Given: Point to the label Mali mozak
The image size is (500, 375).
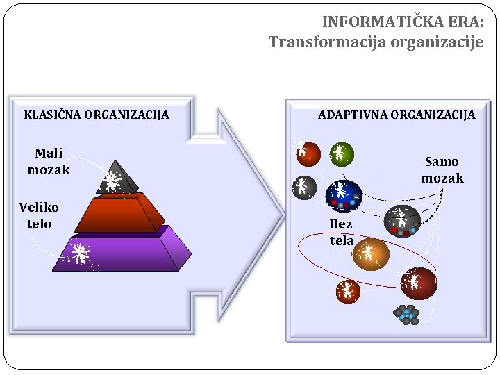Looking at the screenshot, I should [x=49, y=161].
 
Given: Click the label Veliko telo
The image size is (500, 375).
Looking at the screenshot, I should [x=39, y=215].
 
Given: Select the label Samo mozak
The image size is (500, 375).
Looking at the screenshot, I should [x=442, y=169].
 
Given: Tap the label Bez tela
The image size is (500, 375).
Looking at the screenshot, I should [x=341, y=232].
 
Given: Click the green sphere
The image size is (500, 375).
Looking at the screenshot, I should [x=341, y=153].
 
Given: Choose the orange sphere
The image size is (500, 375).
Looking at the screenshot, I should [x=371, y=254].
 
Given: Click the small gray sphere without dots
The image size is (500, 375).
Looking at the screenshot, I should [x=303, y=187].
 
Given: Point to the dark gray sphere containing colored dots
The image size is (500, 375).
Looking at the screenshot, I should [x=402, y=221].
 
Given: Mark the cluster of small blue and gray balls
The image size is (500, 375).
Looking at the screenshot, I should [x=406, y=315].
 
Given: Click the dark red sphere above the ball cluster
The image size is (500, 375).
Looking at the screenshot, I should [x=418, y=283].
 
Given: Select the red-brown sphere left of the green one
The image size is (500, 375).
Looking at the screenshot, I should [x=308, y=153].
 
